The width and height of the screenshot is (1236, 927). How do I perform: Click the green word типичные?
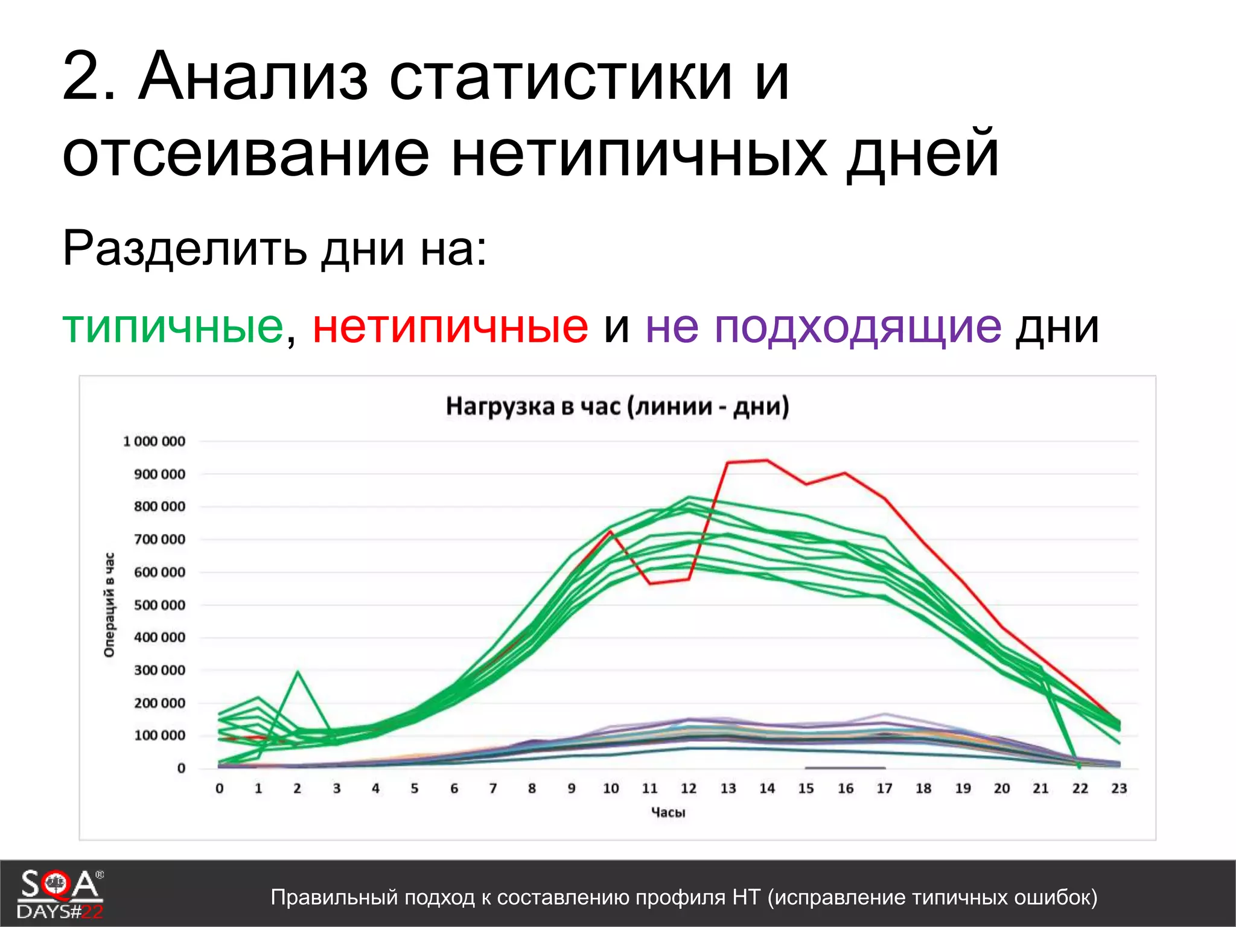[173, 327]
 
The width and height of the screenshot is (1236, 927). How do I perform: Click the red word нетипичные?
[450, 327]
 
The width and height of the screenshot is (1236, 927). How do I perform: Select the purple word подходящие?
[858, 327]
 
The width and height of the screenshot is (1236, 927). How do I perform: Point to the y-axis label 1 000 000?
[154, 441]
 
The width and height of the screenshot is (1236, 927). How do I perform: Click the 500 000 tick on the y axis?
[159, 605]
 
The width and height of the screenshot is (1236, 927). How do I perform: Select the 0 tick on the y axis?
[181, 768]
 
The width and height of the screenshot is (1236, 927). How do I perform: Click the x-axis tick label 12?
[689, 788]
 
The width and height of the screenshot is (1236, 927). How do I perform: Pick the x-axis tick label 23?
[1119, 788]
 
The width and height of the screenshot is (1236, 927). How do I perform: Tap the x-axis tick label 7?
[493, 788]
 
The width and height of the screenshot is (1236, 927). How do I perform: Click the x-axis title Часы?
[668, 812]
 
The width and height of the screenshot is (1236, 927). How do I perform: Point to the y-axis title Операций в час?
[109, 605]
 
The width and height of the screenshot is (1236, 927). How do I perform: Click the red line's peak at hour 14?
[767, 460]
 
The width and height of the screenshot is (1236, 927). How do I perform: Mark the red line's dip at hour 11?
[650, 584]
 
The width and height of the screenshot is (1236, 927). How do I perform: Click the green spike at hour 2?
[298, 672]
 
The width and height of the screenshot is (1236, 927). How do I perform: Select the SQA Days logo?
[60, 894]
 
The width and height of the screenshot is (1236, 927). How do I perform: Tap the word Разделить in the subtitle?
[184, 248]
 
